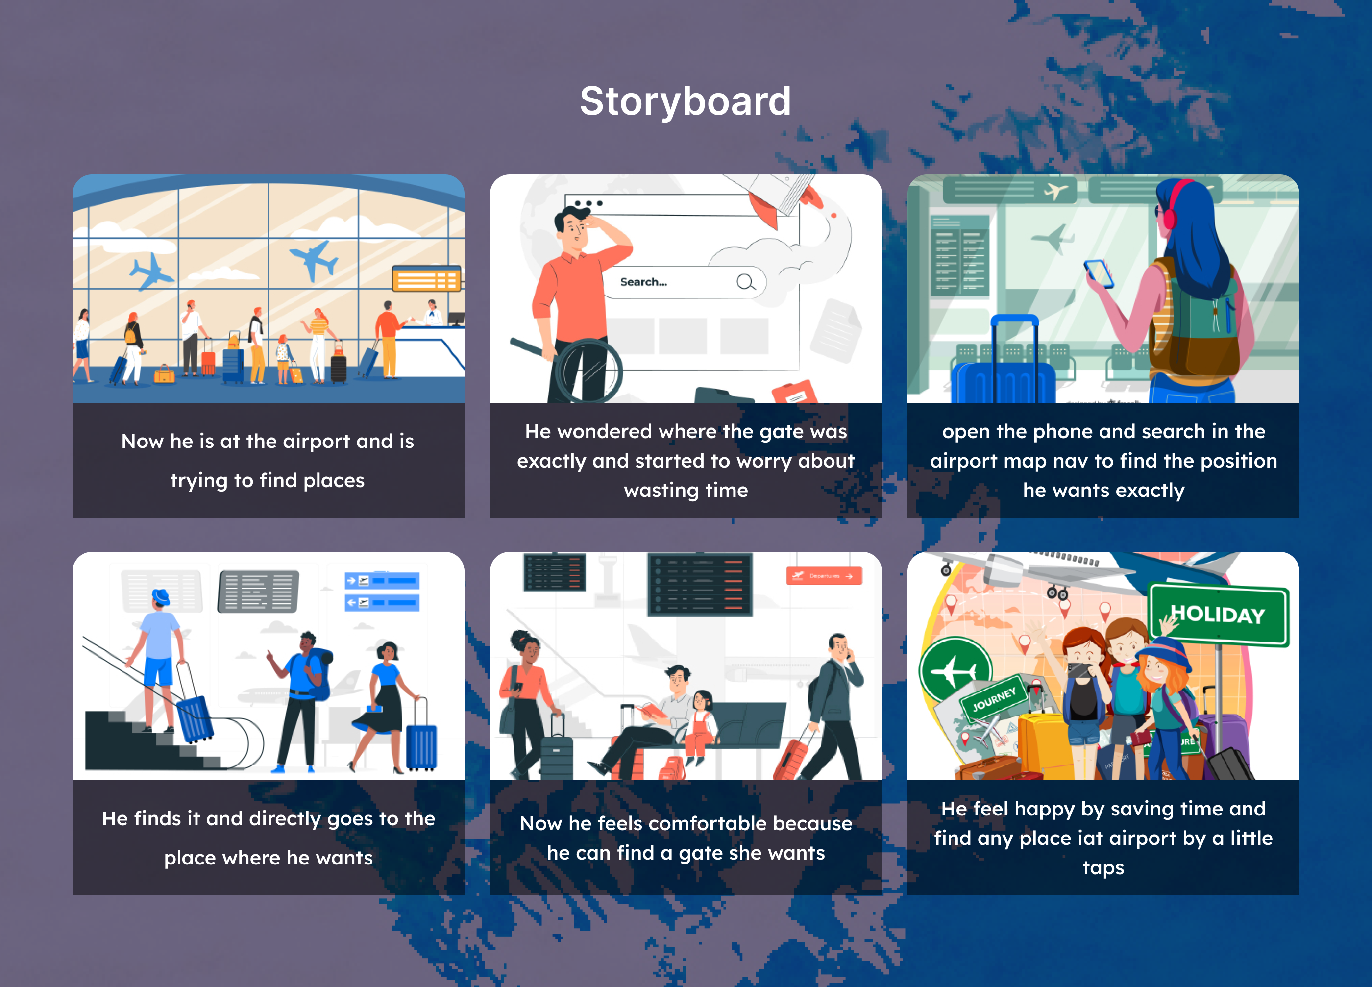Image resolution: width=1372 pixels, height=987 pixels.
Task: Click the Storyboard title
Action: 686,100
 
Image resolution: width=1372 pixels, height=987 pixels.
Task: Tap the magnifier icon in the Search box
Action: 746,282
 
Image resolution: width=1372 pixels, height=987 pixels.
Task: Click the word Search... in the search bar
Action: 644,282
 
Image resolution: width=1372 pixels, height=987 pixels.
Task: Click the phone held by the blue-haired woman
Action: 1099,274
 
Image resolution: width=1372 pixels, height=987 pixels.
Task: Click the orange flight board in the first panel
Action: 426,279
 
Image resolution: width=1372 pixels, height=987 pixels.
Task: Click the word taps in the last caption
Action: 1103,868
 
